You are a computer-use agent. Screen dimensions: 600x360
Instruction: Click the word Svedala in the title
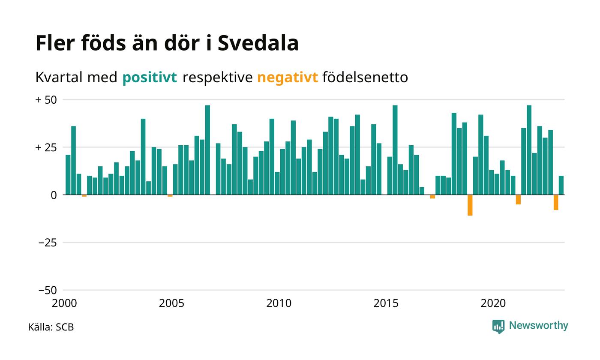258,43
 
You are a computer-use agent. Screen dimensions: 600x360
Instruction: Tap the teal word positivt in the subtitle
150,78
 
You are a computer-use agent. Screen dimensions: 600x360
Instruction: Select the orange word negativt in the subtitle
288,78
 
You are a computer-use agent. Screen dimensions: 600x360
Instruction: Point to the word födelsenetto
365,77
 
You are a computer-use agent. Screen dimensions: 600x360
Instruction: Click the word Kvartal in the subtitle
59,77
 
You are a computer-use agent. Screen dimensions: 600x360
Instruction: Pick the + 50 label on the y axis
46,100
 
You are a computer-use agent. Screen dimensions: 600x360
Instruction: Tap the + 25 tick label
46,147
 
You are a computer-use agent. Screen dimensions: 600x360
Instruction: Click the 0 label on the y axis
54,195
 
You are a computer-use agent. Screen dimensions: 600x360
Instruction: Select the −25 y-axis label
48,243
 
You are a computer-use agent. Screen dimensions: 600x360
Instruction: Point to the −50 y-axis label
48,291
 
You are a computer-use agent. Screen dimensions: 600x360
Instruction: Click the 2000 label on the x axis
64,303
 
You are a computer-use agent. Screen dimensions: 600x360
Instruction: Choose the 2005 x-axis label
171,303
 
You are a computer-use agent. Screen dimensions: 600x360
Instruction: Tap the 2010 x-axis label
279,303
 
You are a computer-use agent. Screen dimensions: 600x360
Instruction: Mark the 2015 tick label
386,303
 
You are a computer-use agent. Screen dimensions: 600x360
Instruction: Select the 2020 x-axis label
493,303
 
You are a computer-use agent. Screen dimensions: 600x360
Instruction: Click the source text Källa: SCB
51,327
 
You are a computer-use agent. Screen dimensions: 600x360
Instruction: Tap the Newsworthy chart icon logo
498,327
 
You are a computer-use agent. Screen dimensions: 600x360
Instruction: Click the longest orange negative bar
470,205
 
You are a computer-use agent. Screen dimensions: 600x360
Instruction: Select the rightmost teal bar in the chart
561,185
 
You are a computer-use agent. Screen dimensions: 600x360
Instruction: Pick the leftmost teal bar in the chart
68,175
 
